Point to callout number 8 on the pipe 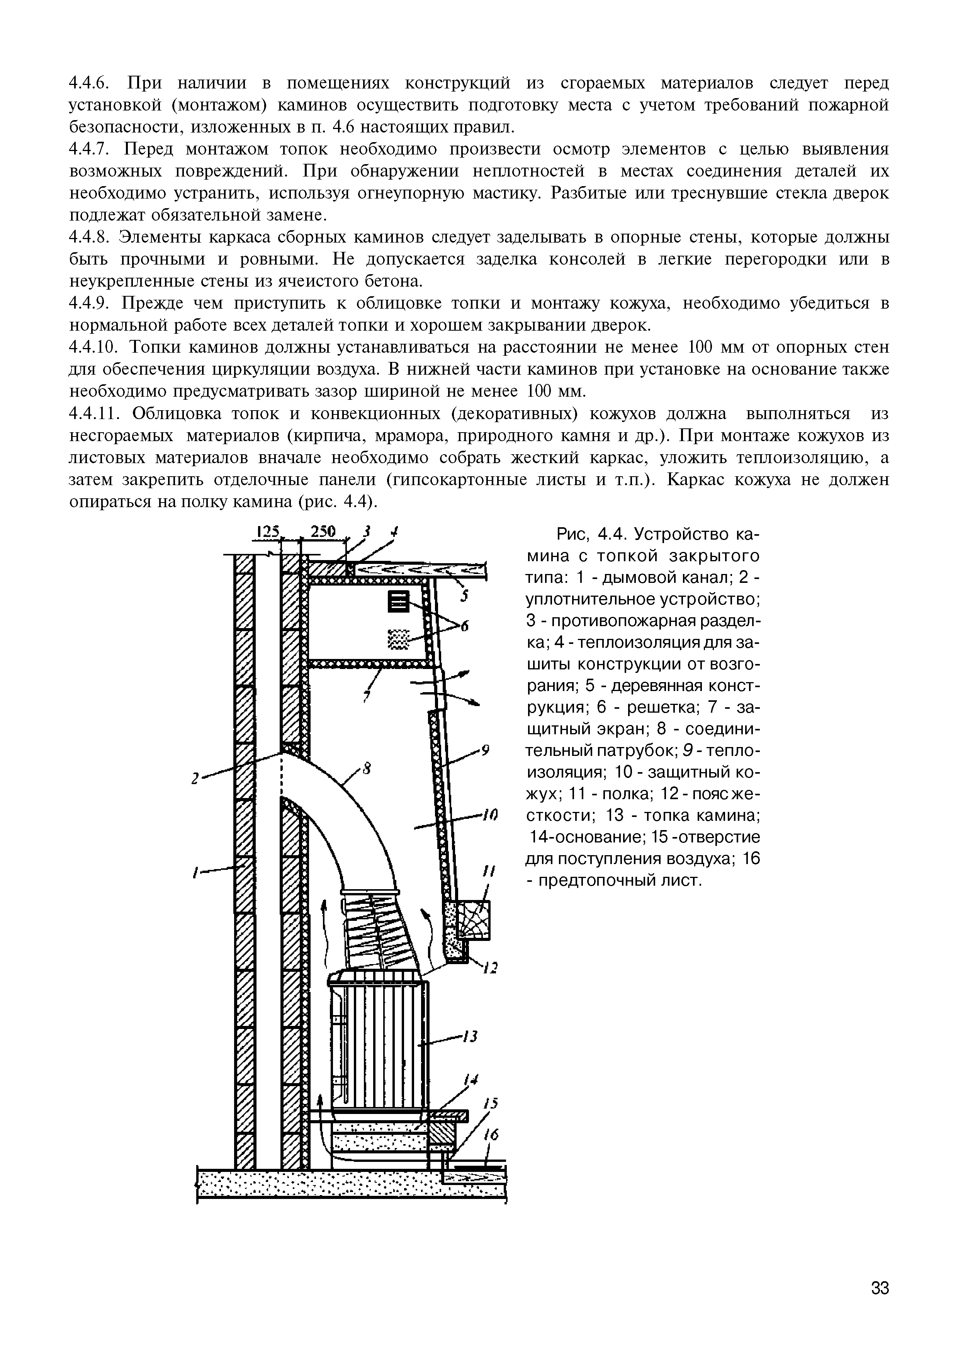367,769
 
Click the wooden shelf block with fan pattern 474,919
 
